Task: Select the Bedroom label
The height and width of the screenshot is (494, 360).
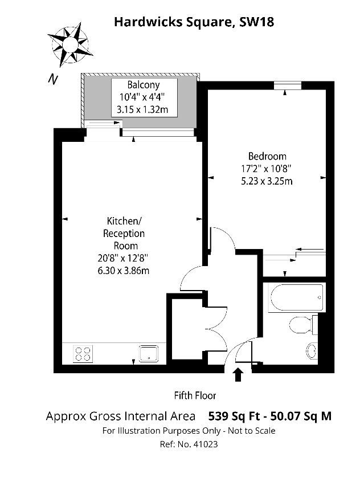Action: coord(267,156)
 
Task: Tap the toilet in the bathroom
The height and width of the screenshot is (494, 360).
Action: coord(300,325)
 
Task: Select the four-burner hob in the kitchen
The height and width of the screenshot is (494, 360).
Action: coord(83,354)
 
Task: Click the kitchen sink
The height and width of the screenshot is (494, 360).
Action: coord(149,354)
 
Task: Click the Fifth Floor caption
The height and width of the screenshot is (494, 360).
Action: coord(195,395)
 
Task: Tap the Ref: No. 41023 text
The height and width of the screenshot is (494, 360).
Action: coord(189,444)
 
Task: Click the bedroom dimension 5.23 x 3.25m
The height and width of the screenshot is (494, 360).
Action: coord(267,181)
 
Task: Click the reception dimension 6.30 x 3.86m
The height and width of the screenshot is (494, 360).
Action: coord(124,271)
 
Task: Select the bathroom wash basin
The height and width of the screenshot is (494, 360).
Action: coord(312,349)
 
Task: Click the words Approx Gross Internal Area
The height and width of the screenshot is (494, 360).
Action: coord(121,416)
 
